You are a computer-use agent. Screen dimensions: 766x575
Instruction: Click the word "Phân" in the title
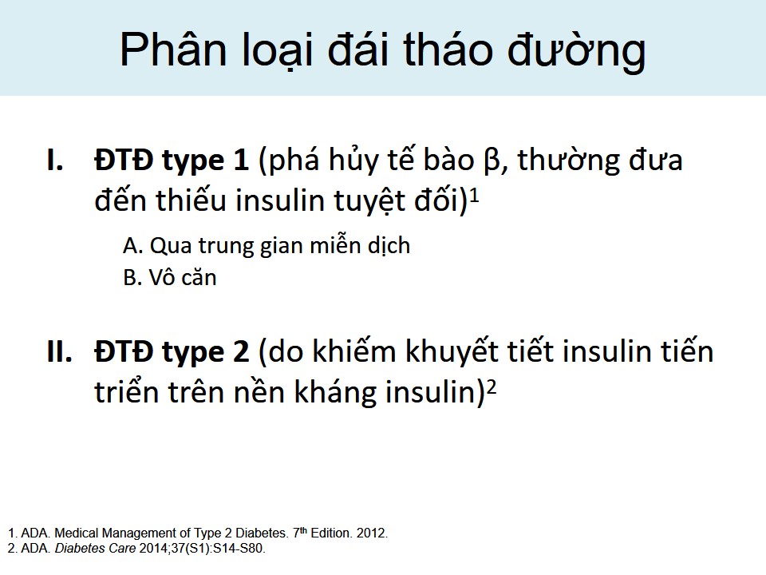(x=173, y=49)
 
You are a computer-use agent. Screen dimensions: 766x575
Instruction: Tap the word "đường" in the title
(x=577, y=53)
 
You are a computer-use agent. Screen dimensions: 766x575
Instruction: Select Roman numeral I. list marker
(x=55, y=160)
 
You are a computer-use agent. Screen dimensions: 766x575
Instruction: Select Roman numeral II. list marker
(x=60, y=351)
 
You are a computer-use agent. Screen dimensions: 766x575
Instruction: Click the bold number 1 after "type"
(x=241, y=160)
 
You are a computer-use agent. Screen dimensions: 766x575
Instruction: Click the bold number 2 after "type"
(x=241, y=351)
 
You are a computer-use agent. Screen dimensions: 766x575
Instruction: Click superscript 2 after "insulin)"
(x=492, y=387)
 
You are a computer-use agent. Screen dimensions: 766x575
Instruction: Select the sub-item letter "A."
(x=133, y=245)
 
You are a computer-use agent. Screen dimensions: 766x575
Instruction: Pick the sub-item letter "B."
(x=132, y=278)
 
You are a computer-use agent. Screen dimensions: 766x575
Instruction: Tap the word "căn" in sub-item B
(x=199, y=278)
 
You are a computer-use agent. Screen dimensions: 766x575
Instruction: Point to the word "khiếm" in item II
(x=353, y=351)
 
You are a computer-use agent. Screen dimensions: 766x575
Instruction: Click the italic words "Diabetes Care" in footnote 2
(x=95, y=548)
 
